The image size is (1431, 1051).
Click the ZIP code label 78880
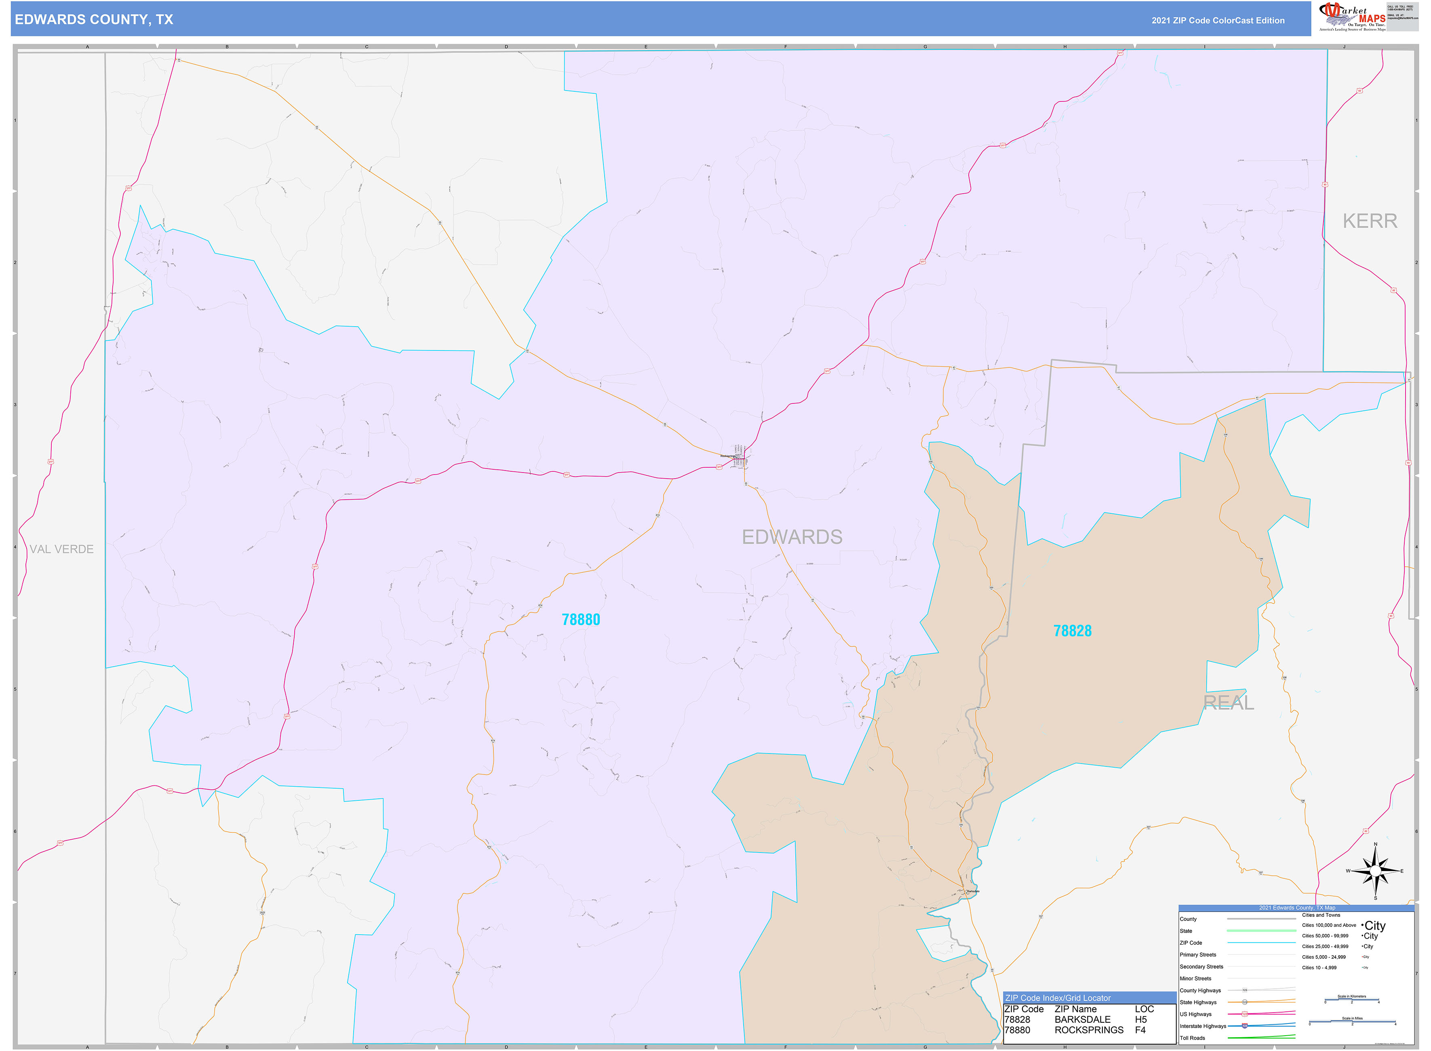[581, 620]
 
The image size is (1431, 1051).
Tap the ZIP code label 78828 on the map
[1072, 631]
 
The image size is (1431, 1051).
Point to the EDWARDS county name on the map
[792, 537]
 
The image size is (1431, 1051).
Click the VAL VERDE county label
[62, 549]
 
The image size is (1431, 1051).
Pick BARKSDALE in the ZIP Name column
[1083, 1019]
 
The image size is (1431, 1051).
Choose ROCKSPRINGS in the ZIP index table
[1089, 1030]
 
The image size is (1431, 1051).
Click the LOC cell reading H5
[1141, 1019]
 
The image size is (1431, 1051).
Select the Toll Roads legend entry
[1193, 1038]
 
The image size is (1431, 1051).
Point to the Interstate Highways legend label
[1203, 1026]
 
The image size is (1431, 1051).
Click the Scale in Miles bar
[1352, 1023]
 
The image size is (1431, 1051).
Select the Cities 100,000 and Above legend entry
[1329, 925]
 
